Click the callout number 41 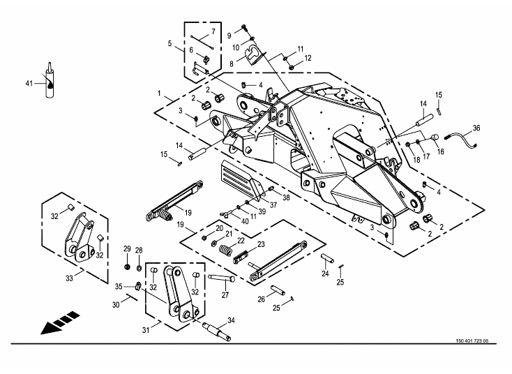[x=29, y=84]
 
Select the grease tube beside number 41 [x=50, y=80]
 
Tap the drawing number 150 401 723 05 [x=472, y=341]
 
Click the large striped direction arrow [x=60, y=323]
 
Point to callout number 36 [x=476, y=128]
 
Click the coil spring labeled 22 [x=225, y=250]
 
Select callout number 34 [x=231, y=320]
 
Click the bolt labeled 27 [x=221, y=278]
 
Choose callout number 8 [x=232, y=64]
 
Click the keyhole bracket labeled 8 [x=255, y=55]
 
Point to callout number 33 [x=69, y=278]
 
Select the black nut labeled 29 [x=128, y=267]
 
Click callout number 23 [x=261, y=244]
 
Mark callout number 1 [x=159, y=93]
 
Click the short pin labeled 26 [x=278, y=290]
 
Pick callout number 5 [x=170, y=43]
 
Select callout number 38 [x=286, y=197]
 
